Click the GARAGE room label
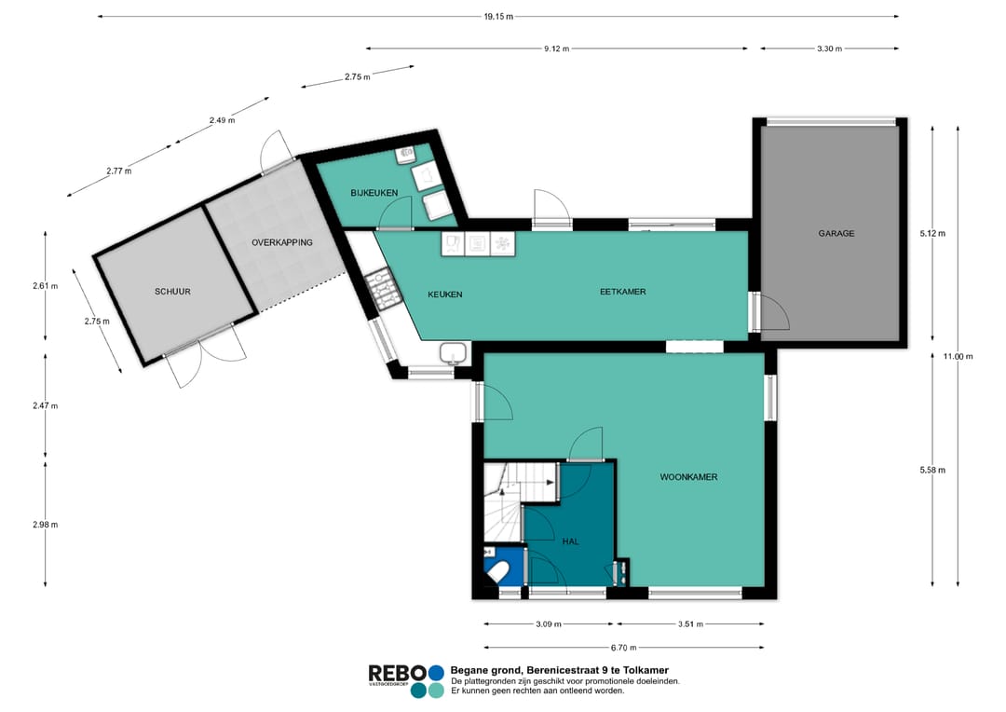(836, 234)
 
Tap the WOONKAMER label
(688, 477)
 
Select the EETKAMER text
(623, 292)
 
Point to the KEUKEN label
(445, 294)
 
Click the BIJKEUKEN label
(374, 193)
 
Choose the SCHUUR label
(172, 292)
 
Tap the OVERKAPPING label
(282, 242)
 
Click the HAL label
(570, 541)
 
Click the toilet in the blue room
(497, 569)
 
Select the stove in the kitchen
(383, 291)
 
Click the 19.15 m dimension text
(498, 17)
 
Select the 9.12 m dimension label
(556, 48)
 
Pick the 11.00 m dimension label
(958, 356)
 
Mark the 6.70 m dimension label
(623, 648)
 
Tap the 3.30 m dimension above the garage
(830, 48)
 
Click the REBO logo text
(397, 674)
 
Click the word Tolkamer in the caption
(647, 670)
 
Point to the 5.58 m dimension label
(932, 470)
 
